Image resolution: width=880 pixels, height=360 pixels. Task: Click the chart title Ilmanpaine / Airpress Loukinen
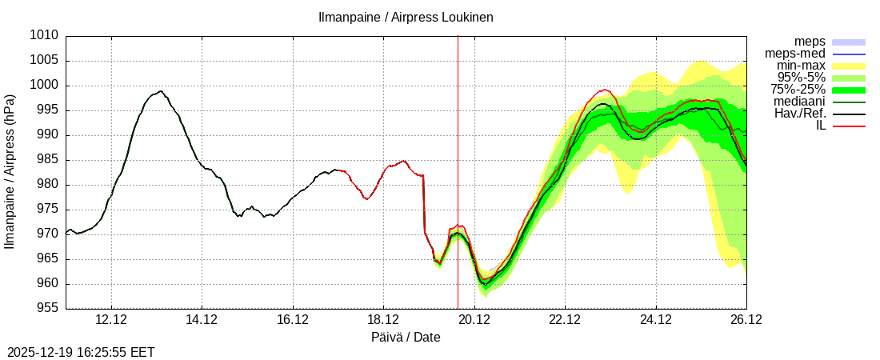tap(406, 17)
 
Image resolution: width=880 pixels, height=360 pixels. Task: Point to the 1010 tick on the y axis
tap(45, 36)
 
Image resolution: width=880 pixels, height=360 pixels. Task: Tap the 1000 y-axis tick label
tap(45, 86)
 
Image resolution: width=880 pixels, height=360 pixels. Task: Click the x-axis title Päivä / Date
tap(406, 338)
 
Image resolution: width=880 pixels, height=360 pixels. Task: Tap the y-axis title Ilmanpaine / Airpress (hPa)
tap(10, 172)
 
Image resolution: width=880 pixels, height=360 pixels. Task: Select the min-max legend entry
tap(800, 66)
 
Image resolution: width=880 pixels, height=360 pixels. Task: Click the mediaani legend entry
tap(800, 102)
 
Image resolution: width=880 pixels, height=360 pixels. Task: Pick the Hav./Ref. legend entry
tap(801, 114)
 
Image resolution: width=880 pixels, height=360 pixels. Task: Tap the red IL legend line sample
tap(849, 126)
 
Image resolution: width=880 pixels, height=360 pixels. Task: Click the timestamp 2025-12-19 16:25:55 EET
tap(81, 352)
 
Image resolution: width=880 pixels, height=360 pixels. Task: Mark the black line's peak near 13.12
tap(161, 91)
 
